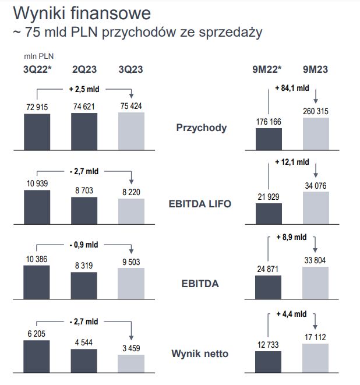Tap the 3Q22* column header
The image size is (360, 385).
37,69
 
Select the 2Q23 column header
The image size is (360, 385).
84,69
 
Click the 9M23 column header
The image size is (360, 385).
315,69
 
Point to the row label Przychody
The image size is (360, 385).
202,128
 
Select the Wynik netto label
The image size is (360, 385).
200,354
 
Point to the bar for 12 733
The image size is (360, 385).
269,361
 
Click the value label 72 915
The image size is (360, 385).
37,108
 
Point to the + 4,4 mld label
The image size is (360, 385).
291,315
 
